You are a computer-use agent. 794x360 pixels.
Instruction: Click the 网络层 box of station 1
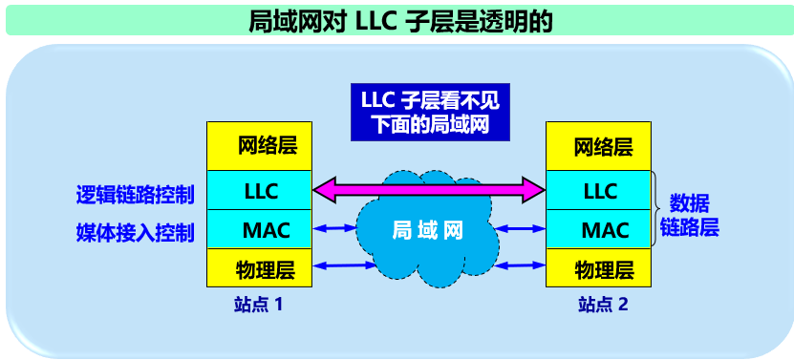pyautogui.click(x=260, y=146)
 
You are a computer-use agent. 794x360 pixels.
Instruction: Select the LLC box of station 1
pyautogui.click(x=260, y=191)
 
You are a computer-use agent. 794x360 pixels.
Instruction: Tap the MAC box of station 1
pyautogui.click(x=260, y=229)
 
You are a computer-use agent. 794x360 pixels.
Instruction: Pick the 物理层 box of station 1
pyautogui.click(x=260, y=269)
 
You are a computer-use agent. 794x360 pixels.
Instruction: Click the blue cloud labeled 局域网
pyautogui.click(x=427, y=230)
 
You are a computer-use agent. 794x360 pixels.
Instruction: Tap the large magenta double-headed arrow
pyautogui.click(x=427, y=189)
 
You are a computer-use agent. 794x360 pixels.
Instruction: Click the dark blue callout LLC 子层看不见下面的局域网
pyautogui.click(x=426, y=111)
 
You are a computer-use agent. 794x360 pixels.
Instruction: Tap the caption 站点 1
pyautogui.click(x=258, y=305)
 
